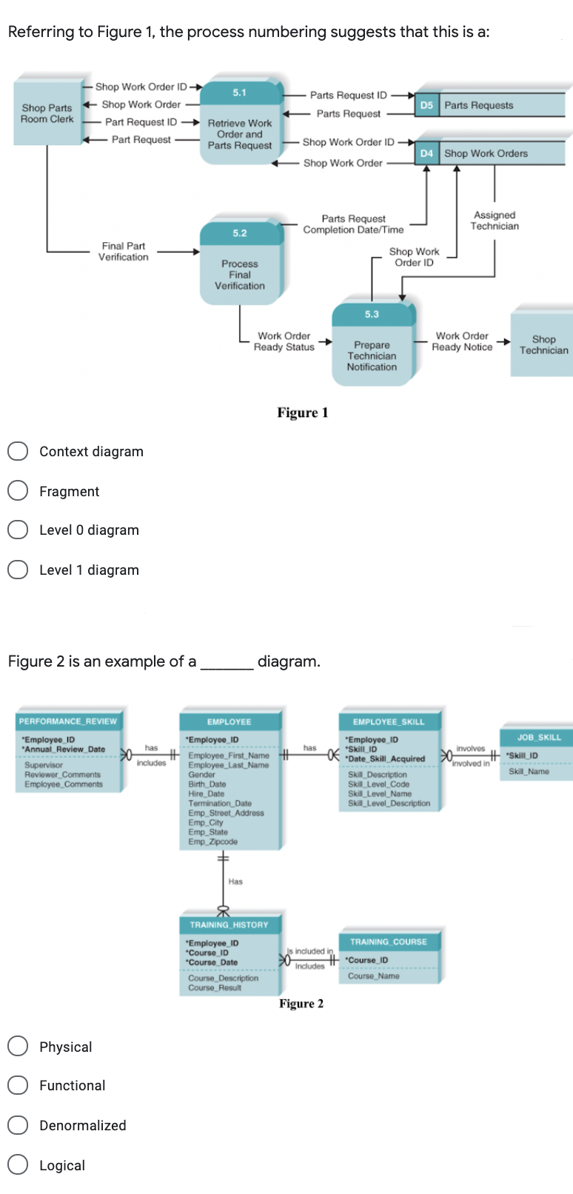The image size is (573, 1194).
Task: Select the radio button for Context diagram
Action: click(18, 451)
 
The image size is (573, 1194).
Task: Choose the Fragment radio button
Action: click(18, 490)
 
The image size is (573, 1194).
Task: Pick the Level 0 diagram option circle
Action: click(18, 530)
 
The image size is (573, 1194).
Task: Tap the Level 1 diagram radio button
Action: click(18, 570)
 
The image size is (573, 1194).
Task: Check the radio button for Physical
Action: click(18, 1046)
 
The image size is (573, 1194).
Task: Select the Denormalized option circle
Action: click(18, 1124)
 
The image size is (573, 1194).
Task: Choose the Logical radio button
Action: click(18, 1164)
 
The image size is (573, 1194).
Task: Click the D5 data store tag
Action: click(426, 105)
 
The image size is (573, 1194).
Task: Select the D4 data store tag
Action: click(426, 153)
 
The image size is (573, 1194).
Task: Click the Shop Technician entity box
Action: click(543, 344)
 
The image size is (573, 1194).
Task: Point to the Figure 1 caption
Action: click(302, 413)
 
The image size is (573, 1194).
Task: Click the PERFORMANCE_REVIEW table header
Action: click(68, 721)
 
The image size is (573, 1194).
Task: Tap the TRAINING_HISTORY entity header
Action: click(229, 924)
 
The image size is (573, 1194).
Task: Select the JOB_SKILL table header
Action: click(539, 737)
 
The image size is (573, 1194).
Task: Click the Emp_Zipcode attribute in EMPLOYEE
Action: click(213, 841)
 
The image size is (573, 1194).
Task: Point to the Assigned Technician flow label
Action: click(495, 221)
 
